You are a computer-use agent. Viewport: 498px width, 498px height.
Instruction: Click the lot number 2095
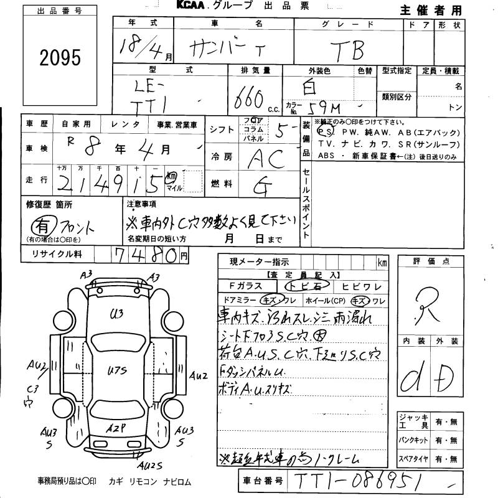60,58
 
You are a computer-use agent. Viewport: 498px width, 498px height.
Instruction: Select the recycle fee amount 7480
144,255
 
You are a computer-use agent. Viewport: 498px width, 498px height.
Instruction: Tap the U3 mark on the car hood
116,313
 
